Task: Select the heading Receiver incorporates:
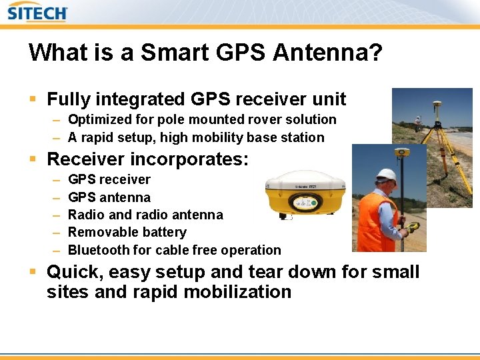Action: coord(147,159)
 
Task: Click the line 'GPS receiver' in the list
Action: coord(109,180)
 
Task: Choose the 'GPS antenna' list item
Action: coord(109,197)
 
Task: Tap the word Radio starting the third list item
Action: coord(86,215)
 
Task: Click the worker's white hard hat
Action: coord(385,175)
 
